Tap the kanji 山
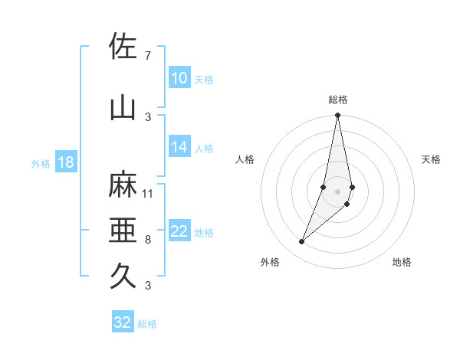point(123,108)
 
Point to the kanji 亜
point(123,231)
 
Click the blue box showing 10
point(179,78)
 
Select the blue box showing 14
point(179,148)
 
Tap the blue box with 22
point(179,232)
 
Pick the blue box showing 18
point(65,162)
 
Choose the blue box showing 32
point(123,322)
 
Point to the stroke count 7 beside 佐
point(148,56)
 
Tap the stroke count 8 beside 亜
point(148,240)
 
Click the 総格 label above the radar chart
point(338,100)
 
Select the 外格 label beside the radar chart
point(270,263)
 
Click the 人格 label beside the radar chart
point(245,159)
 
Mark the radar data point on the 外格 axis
point(301,242)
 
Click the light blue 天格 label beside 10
point(204,79)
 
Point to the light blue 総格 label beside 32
point(148,324)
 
